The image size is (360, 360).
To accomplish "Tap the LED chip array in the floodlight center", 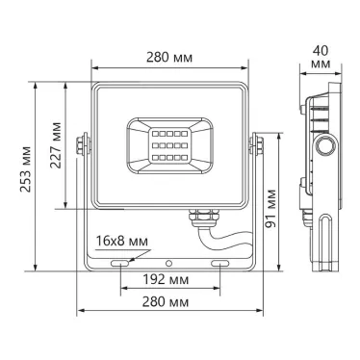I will click(x=169, y=141).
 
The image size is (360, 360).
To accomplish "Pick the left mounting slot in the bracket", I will click(x=122, y=262).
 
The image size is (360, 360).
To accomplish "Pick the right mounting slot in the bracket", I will click(x=220, y=262).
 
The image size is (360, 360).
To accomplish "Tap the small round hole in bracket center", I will click(x=170, y=262).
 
